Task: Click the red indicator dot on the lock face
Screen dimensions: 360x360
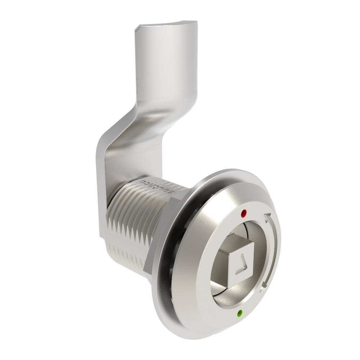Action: click(x=244, y=213)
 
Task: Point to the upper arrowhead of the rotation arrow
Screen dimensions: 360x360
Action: click(x=267, y=218)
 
